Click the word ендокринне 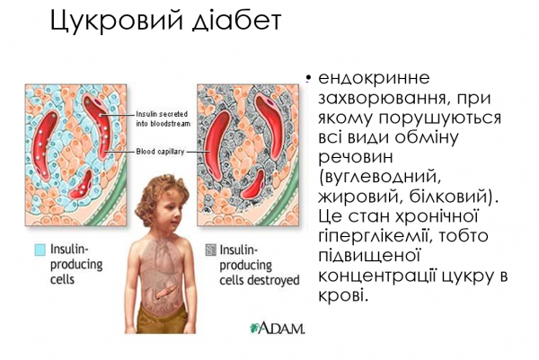point(362,78)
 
